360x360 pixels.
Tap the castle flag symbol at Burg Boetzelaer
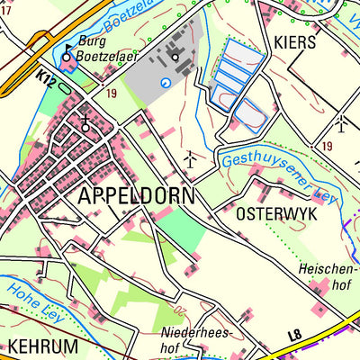pos(69,49)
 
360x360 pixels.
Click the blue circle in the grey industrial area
pos(165,82)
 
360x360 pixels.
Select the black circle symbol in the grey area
pos(175,58)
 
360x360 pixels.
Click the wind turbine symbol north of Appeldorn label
pos(190,158)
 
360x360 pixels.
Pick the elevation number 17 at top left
pos(6,10)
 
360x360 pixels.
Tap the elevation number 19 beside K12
pos(111,93)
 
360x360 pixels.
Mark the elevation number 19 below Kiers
pos(326,146)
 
